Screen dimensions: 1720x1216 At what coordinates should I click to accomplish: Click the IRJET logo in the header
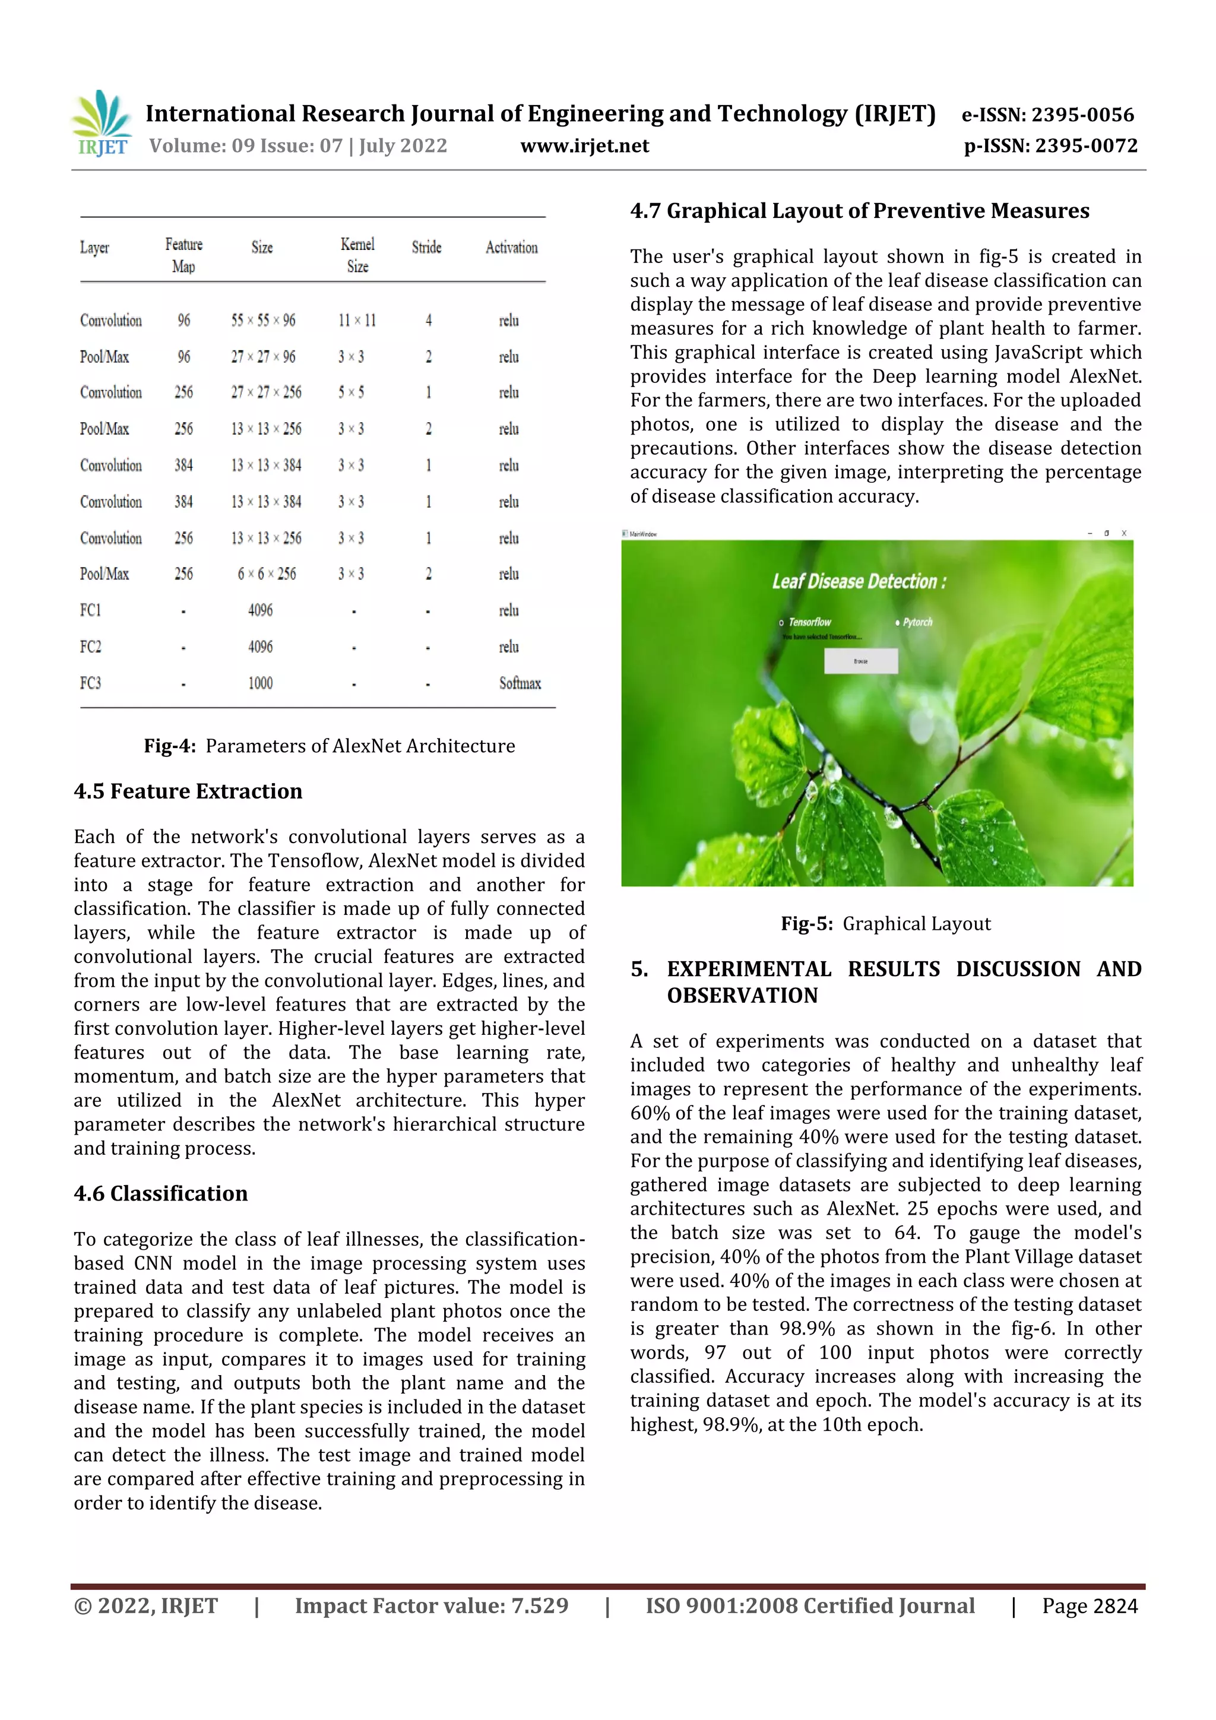pos(102,123)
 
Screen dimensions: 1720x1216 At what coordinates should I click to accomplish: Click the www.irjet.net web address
pos(584,145)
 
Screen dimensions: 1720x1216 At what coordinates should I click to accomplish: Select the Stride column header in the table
pos(426,247)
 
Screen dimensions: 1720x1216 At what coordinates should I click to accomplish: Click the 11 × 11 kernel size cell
pos(357,321)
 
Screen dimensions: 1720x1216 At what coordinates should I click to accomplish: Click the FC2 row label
pos(91,647)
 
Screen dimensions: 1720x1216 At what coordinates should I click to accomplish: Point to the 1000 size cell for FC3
pos(260,683)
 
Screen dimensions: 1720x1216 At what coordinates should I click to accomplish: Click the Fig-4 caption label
pos(170,746)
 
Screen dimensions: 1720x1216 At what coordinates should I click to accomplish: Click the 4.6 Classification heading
pos(160,1193)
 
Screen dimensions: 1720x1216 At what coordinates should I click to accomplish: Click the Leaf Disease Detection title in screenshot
pos(859,581)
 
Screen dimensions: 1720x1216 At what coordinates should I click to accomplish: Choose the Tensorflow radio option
pos(781,623)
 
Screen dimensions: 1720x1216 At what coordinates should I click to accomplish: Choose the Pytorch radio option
pos(898,623)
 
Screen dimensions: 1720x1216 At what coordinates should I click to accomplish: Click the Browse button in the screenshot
pos(860,661)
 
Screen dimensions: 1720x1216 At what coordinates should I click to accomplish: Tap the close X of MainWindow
pos(1123,533)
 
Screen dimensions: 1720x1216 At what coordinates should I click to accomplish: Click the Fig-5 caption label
pos(806,924)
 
